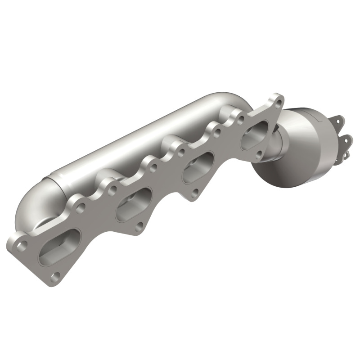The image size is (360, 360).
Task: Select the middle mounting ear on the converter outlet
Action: [345, 139]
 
